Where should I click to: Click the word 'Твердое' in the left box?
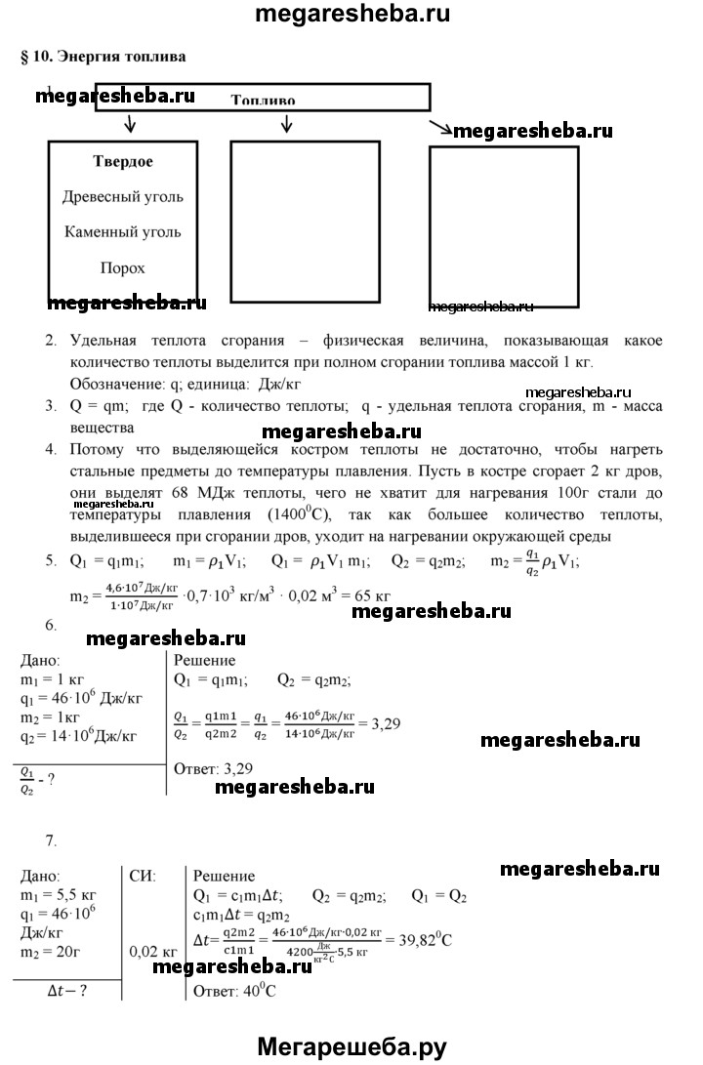122,161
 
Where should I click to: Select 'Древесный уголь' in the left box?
122,197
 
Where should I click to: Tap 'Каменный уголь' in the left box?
122,232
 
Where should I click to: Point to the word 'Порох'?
122,267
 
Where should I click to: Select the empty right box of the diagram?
503,224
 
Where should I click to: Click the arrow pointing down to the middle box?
286,124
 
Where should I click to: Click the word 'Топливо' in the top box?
263,100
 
